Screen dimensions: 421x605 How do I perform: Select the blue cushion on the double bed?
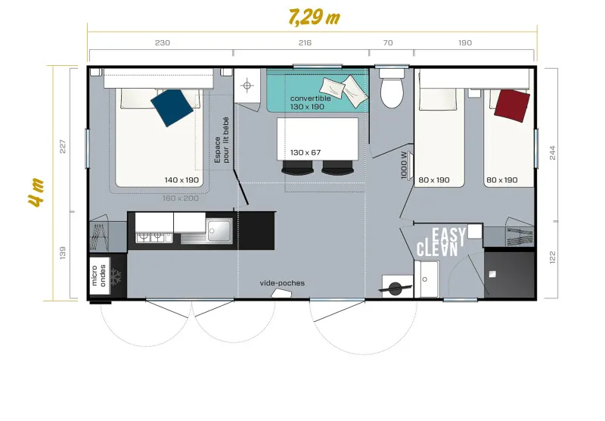tap(172, 107)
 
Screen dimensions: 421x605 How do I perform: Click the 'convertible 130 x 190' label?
tap(311, 103)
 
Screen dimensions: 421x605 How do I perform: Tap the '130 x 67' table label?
tap(306, 152)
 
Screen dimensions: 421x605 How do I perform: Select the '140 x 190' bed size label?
tap(181, 180)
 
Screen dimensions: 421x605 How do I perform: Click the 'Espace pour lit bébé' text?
tap(222, 140)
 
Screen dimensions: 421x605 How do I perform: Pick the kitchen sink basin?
tap(220, 228)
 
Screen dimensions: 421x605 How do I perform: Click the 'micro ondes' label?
tap(98, 276)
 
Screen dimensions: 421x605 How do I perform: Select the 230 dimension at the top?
tap(162, 43)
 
